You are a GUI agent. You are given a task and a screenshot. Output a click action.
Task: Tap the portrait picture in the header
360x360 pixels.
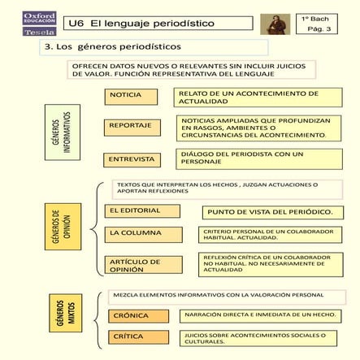(x=276, y=24)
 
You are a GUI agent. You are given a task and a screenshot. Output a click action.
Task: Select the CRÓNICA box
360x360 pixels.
(x=137, y=315)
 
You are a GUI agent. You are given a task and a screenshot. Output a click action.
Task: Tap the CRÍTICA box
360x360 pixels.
(x=137, y=336)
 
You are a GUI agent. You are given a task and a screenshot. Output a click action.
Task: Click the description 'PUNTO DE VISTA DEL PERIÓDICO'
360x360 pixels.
(x=269, y=212)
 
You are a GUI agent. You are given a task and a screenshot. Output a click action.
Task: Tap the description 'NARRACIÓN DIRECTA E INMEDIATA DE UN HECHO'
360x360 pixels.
(x=262, y=314)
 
